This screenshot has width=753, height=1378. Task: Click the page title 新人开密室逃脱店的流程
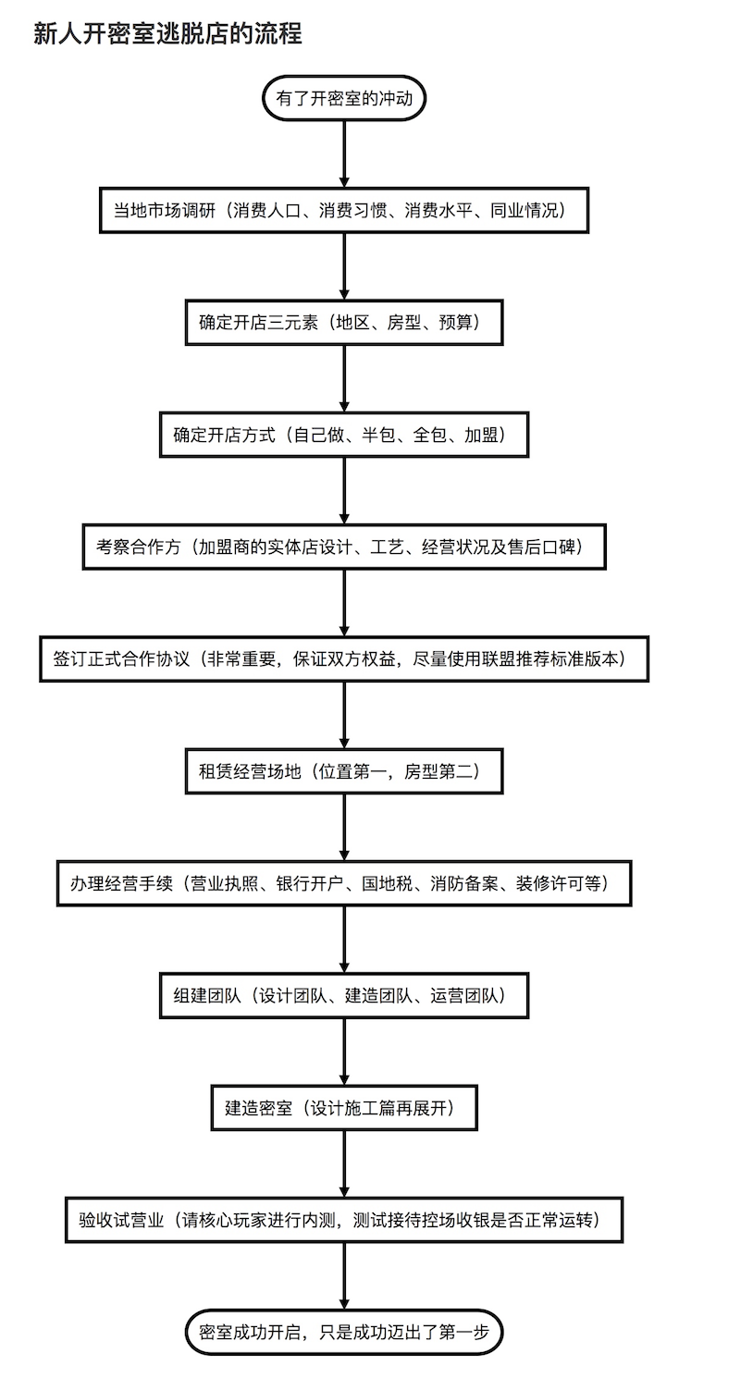coord(167,34)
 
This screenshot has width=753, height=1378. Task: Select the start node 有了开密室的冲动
coord(344,98)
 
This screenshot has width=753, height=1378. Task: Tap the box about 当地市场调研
coord(344,210)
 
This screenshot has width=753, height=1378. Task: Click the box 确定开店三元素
coord(344,322)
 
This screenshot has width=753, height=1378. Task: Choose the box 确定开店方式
coord(344,435)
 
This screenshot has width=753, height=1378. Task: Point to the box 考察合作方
coord(344,547)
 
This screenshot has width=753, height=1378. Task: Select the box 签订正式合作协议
coord(344,658)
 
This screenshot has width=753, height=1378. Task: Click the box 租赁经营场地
coord(344,770)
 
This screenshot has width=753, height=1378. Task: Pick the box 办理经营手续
coord(344,883)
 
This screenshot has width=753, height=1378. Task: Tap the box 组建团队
coord(344,995)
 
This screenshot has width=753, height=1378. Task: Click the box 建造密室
coord(344,1107)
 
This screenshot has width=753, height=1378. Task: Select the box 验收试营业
coord(344,1220)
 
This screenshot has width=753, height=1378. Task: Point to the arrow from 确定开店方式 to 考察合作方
coord(344,490)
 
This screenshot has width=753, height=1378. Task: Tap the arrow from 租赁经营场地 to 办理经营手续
coord(344,827)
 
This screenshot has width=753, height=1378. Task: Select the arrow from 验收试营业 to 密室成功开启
coord(344,1276)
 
